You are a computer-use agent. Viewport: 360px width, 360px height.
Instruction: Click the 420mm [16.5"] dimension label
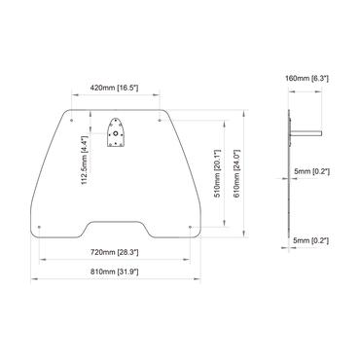pos(115,88)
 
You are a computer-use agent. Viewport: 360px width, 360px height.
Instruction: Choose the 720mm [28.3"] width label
pos(115,251)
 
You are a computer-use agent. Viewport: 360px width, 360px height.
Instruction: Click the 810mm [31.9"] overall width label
pos(115,269)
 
